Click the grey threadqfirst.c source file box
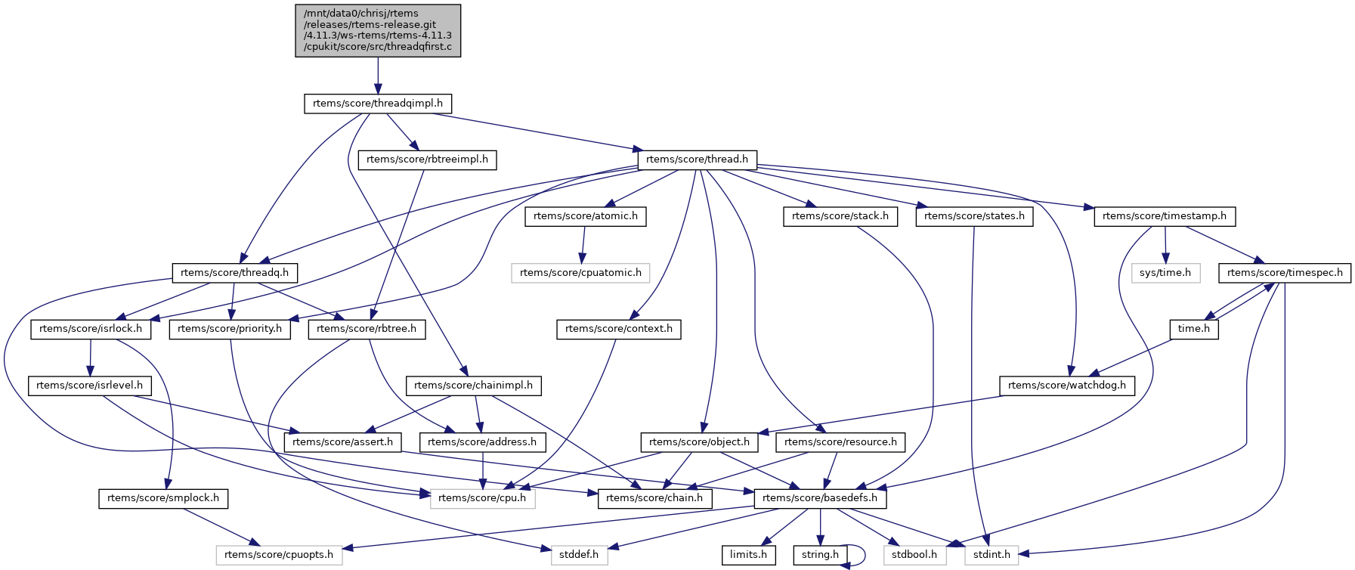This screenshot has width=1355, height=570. pos(378,30)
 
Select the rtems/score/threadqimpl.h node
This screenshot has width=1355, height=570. pos(378,104)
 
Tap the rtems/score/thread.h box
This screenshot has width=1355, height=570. pos(697,160)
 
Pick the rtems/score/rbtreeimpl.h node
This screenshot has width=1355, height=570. pos(427,160)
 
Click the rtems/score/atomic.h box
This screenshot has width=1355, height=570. pos(585,216)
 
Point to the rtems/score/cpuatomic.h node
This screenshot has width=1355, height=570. pos(580,273)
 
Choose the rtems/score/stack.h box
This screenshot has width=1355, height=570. pos(840,216)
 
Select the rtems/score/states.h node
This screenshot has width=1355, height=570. pos(974,216)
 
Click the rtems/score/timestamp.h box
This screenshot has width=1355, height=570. pos(1164,216)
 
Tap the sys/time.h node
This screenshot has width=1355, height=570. pos(1165,273)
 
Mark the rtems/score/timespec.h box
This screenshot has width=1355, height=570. pos(1285,273)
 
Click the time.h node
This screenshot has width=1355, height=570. pos(1194,329)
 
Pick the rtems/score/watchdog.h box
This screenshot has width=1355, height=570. pos(1066,386)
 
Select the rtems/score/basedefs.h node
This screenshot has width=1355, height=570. pos(820,498)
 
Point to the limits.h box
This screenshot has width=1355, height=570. pos(748,555)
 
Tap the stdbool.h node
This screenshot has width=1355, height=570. pos(914,555)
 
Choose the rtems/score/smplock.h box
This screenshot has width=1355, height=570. pos(163,498)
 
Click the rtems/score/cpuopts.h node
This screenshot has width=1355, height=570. pos(279,555)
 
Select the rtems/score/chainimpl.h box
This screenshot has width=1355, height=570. pos(473,386)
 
